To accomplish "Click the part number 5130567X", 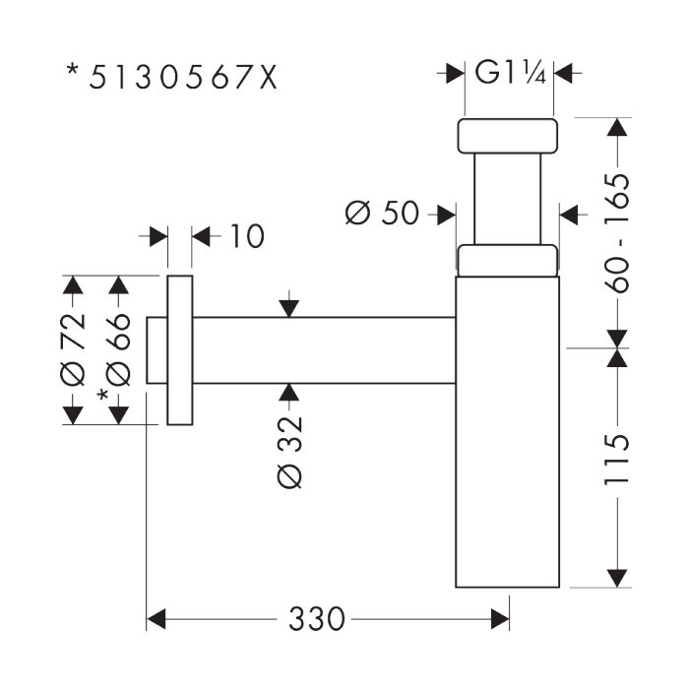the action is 183,78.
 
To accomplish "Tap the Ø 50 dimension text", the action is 382,214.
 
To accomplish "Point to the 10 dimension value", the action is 247,236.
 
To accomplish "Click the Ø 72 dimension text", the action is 72,349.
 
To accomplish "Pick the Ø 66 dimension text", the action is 118,349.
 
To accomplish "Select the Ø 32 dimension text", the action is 290,452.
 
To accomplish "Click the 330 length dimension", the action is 316,619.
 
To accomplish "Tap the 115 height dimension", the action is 617,460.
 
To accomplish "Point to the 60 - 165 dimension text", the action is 617,233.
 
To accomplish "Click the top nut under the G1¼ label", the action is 508,136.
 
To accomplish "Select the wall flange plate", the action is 180,350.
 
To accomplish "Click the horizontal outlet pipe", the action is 324,349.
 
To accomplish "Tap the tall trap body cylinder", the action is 508,432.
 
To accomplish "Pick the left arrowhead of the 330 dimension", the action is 156,619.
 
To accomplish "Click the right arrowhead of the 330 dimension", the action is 500,619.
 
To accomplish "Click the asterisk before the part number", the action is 73,70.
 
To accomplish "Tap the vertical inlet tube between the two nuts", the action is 508,199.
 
